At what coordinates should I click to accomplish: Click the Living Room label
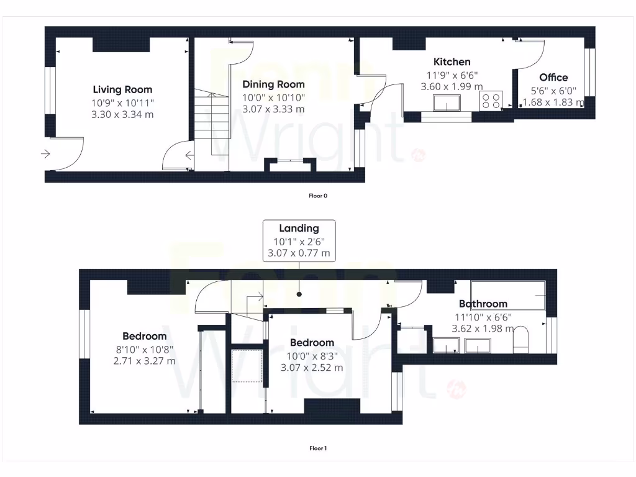[122, 89]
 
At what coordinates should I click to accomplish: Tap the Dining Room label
[273, 84]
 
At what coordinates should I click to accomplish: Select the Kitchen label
[452, 61]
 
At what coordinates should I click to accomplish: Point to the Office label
[553, 78]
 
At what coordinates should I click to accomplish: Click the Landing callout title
[299, 229]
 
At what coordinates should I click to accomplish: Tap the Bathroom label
[483, 304]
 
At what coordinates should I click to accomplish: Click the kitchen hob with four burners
[491, 101]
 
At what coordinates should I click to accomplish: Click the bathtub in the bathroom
[508, 294]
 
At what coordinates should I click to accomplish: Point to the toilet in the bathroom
[520, 338]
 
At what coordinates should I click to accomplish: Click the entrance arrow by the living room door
[46, 154]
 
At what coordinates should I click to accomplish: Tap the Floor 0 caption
[317, 196]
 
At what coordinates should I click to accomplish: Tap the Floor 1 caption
[317, 448]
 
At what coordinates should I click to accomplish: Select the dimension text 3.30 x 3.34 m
[122, 115]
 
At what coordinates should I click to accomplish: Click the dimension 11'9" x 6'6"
[452, 75]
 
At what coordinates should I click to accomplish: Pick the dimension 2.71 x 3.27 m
[144, 361]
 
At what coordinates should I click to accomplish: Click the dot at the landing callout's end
[299, 293]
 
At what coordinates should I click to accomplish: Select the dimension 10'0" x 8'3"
[312, 355]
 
